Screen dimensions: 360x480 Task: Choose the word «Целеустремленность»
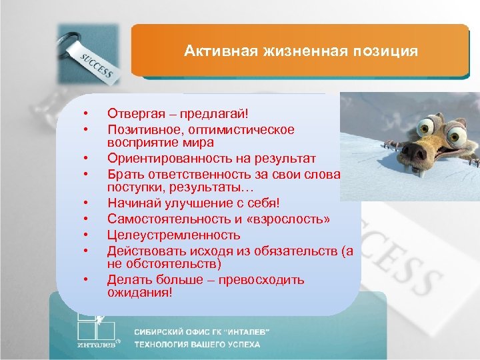coord(173,235)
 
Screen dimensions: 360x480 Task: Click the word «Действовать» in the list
coord(145,251)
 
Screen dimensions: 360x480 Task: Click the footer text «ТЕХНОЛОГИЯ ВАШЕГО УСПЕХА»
coord(197,345)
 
